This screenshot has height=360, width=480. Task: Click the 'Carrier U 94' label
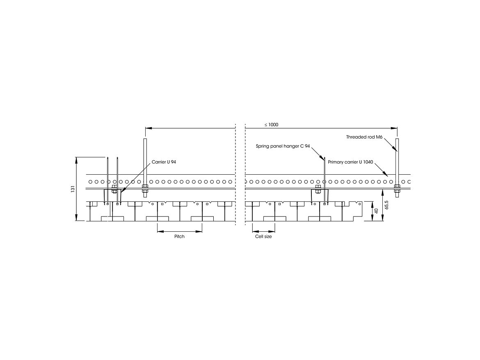(x=164, y=162)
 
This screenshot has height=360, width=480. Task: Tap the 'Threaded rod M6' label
(x=364, y=137)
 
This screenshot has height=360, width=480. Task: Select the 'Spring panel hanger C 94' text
(x=283, y=146)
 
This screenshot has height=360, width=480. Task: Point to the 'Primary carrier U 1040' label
(x=350, y=162)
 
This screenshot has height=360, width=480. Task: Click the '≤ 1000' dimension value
(x=272, y=125)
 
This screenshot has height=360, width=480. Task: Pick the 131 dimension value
(x=73, y=189)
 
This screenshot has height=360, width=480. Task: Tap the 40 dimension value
(x=377, y=211)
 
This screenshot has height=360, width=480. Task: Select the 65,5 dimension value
(x=386, y=205)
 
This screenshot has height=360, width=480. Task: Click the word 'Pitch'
(x=179, y=237)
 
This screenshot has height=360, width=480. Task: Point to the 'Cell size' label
(x=263, y=237)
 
